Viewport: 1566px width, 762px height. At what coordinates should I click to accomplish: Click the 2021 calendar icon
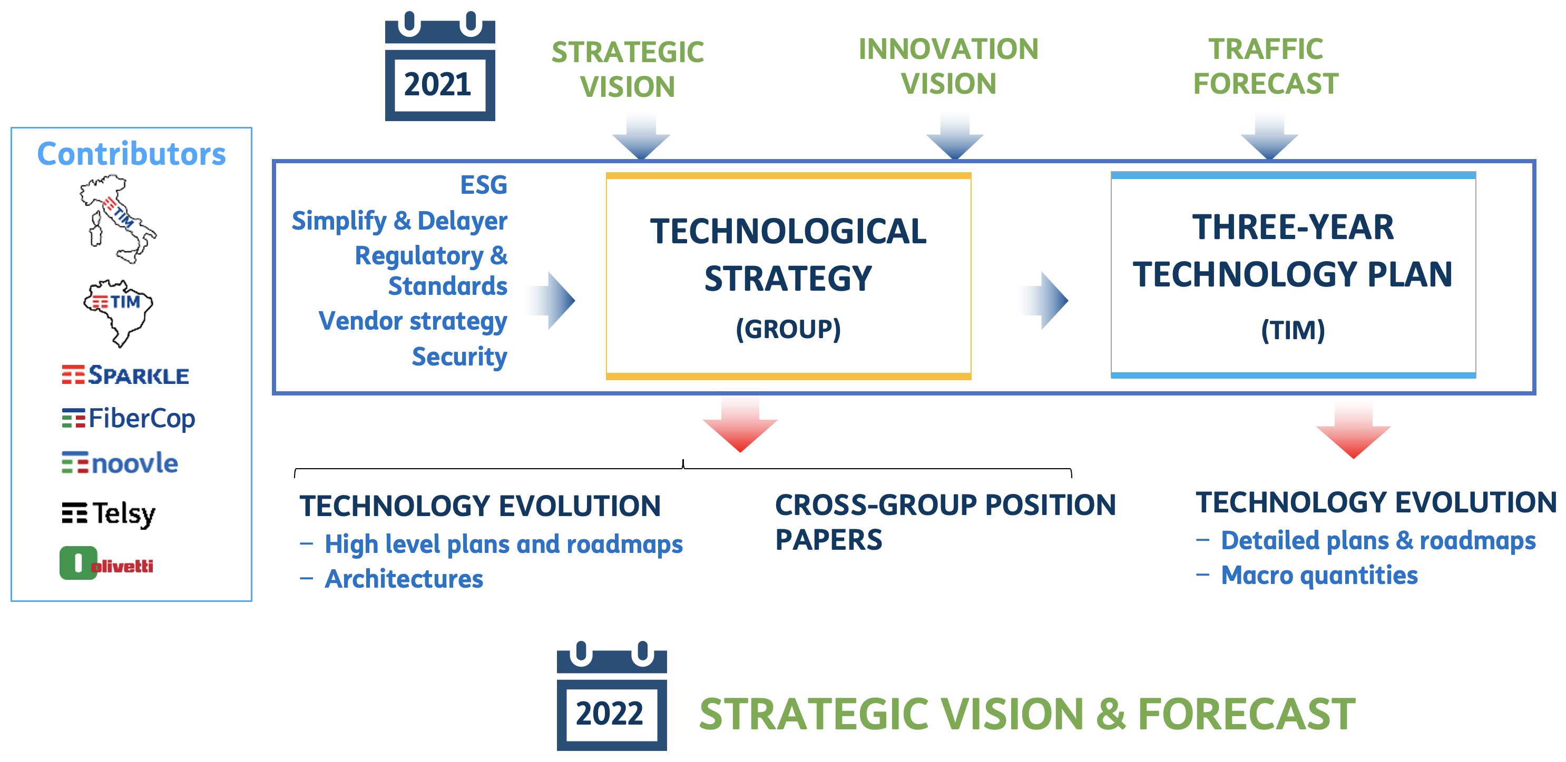coord(439,66)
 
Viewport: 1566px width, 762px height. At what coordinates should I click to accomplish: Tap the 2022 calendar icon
coord(612,695)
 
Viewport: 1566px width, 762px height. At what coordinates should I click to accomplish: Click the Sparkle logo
coord(125,375)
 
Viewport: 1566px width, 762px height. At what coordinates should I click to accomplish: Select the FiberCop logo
coord(128,419)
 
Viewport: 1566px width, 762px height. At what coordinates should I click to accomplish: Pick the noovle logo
coord(120,463)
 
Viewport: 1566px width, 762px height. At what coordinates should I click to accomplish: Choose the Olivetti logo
coord(106,563)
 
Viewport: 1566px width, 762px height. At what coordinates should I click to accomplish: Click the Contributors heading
coord(131,153)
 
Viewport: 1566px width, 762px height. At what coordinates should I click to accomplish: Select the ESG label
coord(483,185)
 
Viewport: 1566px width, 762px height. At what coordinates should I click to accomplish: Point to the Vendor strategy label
coord(413,321)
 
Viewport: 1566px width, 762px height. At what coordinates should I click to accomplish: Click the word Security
coord(459,357)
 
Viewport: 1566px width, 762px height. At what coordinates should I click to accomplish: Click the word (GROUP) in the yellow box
coord(788,329)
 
